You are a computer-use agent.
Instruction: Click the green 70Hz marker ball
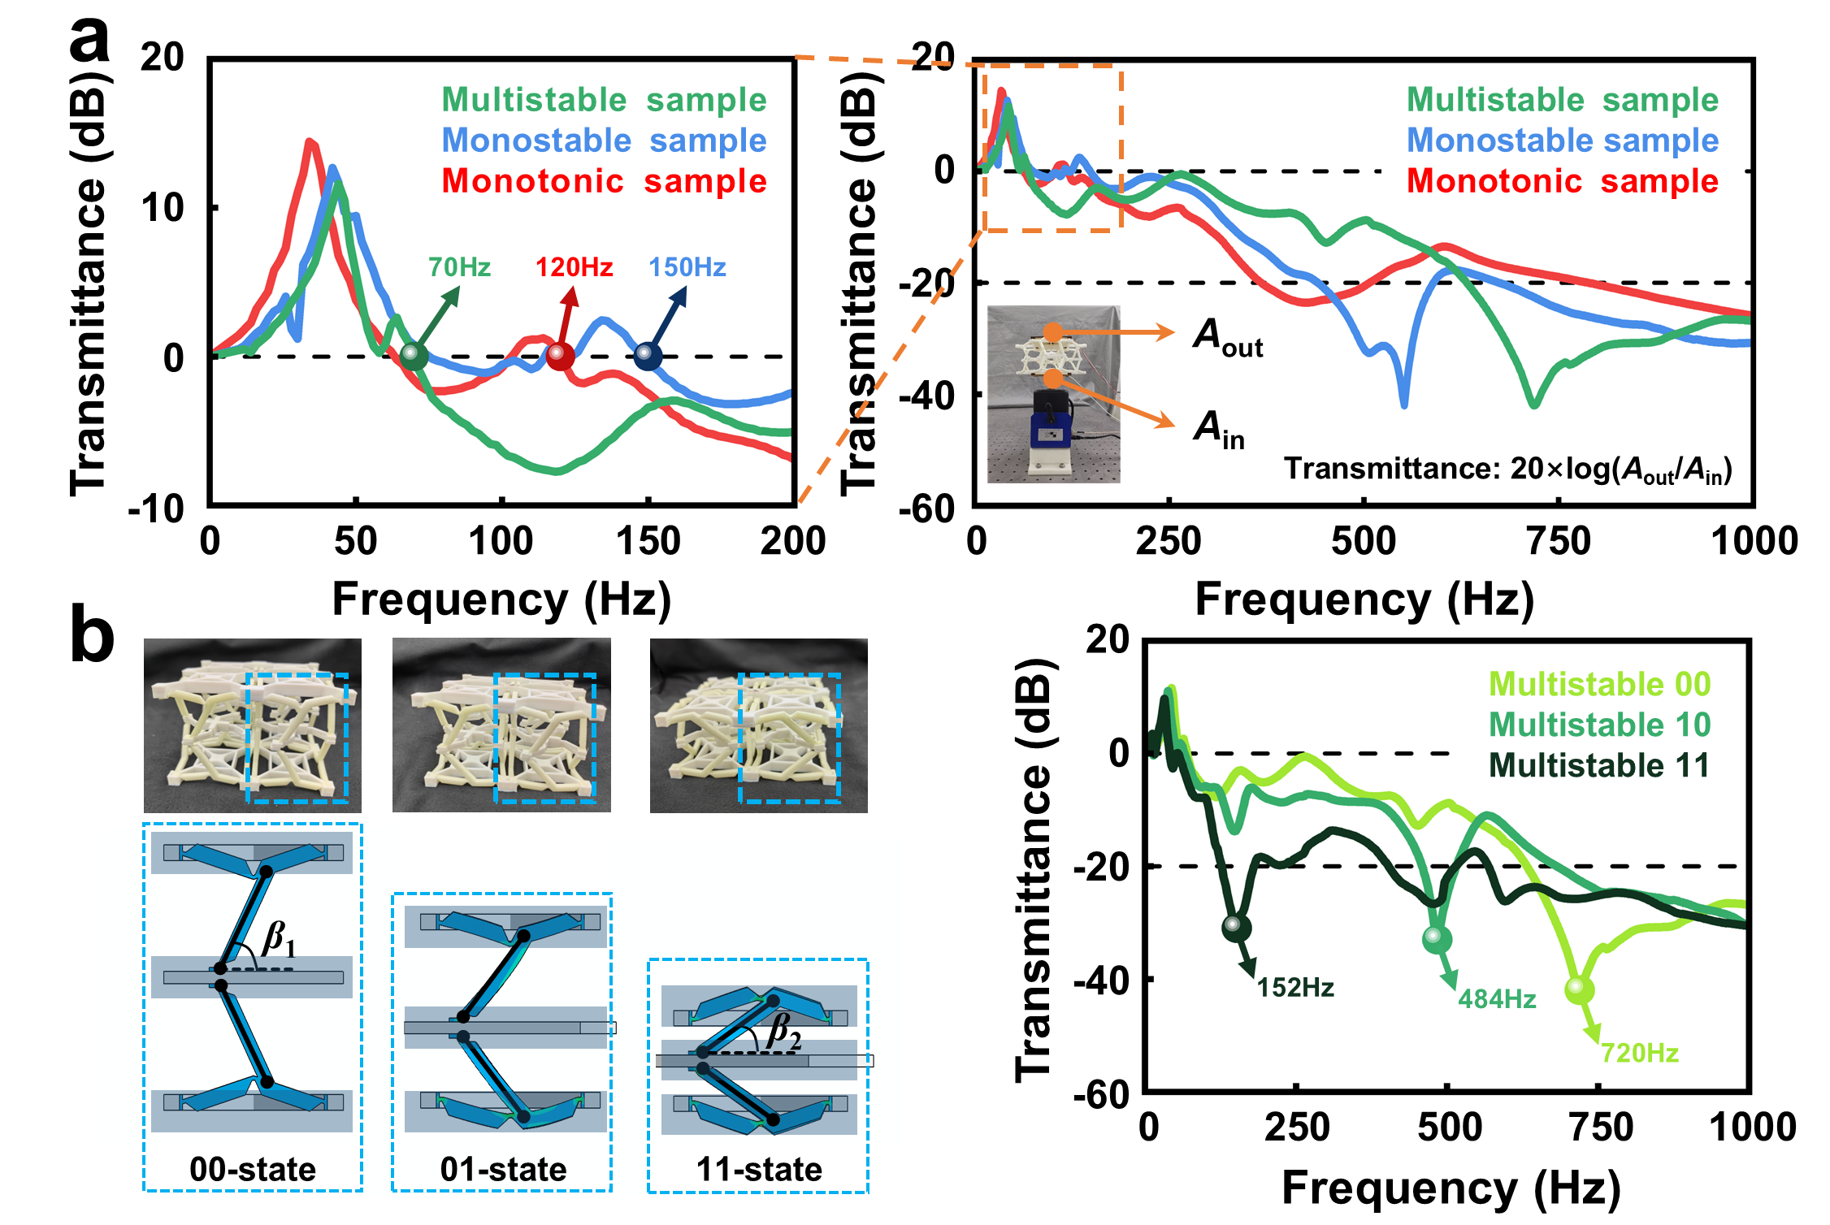[414, 355]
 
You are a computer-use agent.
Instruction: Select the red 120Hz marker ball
[560, 355]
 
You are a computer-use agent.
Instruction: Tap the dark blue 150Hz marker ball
[647, 355]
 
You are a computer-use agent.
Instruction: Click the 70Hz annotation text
[459, 266]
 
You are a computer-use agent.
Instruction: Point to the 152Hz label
[1295, 988]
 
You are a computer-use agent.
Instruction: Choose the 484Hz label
[1497, 998]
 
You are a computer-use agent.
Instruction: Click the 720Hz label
[1639, 1053]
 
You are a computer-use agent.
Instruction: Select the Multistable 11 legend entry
[1599, 765]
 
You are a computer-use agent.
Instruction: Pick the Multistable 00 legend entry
[1599, 684]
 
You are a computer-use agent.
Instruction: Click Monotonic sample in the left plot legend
[604, 180]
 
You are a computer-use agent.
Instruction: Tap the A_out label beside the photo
[1227, 336]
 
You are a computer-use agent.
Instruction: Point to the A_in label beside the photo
[1219, 429]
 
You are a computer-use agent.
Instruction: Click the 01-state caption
[503, 1169]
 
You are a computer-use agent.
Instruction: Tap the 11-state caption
[759, 1169]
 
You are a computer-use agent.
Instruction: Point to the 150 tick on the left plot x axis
[648, 541]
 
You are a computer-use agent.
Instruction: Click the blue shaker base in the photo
[1052, 431]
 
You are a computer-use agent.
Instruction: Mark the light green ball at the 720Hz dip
[1577, 989]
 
